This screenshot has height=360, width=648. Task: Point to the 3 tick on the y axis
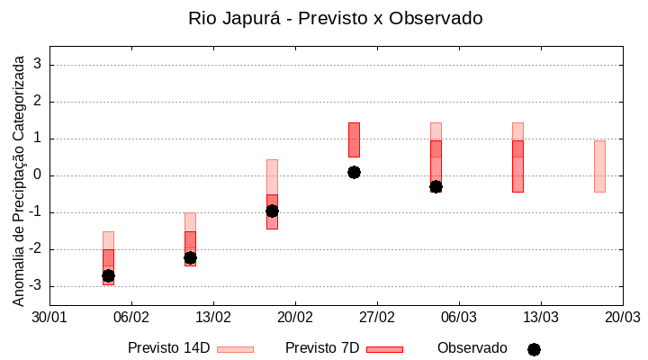pyautogui.click(x=39, y=65)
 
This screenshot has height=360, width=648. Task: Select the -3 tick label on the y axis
pyautogui.click(x=36, y=286)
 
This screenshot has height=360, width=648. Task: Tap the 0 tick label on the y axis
pyautogui.click(x=39, y=175)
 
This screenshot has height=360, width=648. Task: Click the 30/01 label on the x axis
pyautogui.click(x=49, y=318)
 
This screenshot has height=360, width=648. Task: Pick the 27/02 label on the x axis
pyautogui.click(x=377, y=318)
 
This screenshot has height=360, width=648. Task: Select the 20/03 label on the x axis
pyautogui.click(x=622, y=318)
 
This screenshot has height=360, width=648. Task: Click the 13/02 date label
pyautogui.click(x=213, y=318)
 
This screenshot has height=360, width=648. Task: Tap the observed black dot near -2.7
pyautogui.click(x=108, y=275)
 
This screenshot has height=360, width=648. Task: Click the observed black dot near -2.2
pyautogui.click(x=190, y=257)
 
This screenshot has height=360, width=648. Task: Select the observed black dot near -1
pyautogui.click(x=272, y=211)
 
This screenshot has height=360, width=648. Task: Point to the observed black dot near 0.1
pyautogui.click(x=354, y=172)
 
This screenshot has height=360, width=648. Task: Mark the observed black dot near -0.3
pyautogui.click(x=436, y=186)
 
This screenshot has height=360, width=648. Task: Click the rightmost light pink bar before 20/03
pyautogui.click(x=599, y=166)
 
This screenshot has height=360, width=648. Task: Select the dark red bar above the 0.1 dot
pyautogui.click(x=354, y=139)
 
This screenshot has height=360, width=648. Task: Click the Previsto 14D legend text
pyautogui.click(x=169, y=348)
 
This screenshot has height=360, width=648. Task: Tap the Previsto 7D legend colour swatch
pyautogui.click(x=384, y=349)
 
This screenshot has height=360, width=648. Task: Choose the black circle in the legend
pyautogui.click(x=534, y=349)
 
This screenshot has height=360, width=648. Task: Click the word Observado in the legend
pyautogui.click(x=472, y=348)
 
